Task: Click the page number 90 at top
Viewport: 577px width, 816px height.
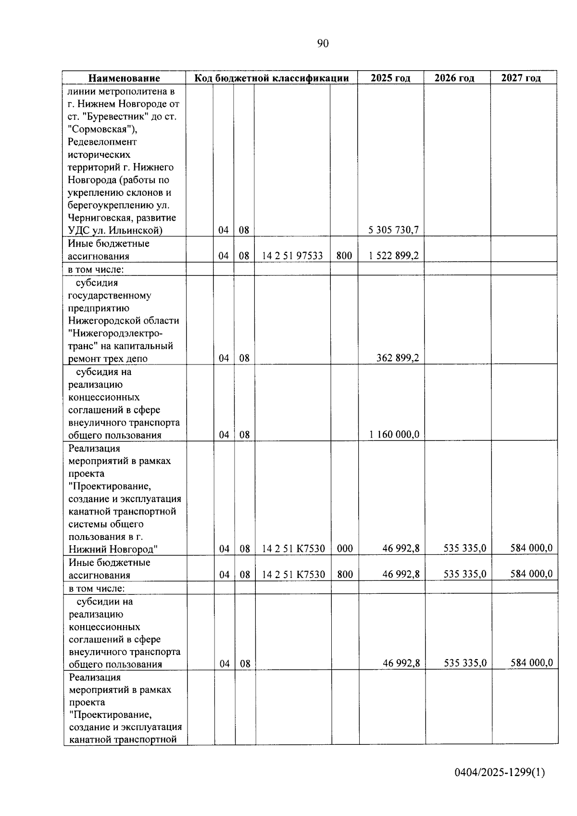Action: [x=323, y=44]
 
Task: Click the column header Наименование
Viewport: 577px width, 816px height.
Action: [x=124, y=78]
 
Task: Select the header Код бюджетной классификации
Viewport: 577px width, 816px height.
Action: [x=271, y=78]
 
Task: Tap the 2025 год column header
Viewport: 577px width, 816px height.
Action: [x=390, y=78]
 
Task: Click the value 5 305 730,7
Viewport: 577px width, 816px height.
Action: [x=393, y=230]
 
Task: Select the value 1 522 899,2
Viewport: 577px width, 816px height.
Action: [x=393, y=256]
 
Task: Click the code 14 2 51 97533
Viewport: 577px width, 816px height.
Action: [x=292, y=256]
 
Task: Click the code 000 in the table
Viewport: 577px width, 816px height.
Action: [x=345, y=549]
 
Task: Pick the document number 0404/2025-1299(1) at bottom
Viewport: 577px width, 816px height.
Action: [x=500, y=773]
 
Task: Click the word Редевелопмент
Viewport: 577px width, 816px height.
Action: [x=102, y=142]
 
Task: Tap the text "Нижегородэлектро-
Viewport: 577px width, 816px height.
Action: [x=115, y=333]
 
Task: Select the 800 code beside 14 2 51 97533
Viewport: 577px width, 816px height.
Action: [x=344, y=256]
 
